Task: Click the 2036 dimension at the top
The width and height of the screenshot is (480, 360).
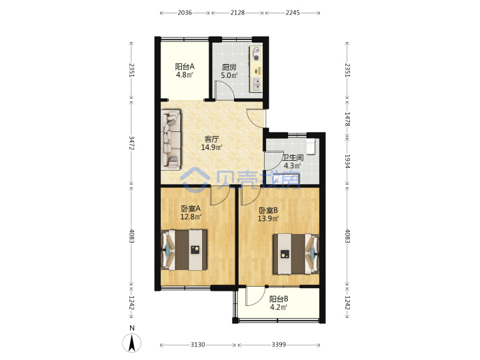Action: click(185, 13)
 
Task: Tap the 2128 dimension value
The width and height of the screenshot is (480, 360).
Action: click(237, 13)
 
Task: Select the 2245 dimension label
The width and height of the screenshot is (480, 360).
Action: click(293, 13)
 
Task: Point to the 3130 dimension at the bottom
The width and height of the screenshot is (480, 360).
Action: click(198, 345)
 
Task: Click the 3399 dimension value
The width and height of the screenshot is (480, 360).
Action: click(279, 345)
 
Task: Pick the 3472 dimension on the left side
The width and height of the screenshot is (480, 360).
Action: click(131, 143)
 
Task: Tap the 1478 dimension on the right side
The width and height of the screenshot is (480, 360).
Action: click(347, 119)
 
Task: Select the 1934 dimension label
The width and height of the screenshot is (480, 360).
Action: click(347, 161)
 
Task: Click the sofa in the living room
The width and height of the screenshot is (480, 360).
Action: click(171, 139)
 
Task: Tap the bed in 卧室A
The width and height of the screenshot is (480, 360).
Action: click(184, 250)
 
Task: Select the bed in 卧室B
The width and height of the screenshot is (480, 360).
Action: click(296, 254)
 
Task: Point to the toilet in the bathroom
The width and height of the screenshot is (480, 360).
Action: click(311, 146)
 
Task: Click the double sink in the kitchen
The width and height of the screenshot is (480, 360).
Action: click(256, 84)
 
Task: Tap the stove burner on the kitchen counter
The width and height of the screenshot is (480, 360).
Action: click(256, 57)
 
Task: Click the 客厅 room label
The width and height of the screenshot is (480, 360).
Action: click(211, 139)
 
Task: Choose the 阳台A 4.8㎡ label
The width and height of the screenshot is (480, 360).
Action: click(185, 71)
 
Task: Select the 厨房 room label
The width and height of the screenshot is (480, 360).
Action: click(229, 67)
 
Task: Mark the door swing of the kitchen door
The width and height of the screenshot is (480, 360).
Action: click(224, 90)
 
